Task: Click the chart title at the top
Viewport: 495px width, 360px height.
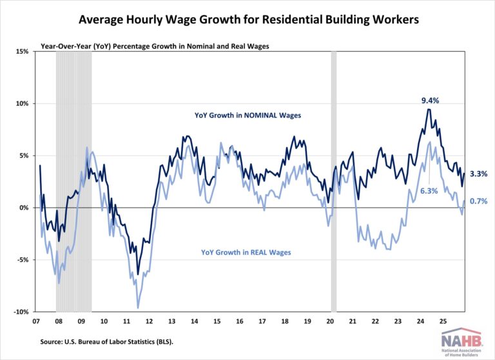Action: tap(248, 20)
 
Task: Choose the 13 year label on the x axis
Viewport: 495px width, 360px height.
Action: tap(172, 321)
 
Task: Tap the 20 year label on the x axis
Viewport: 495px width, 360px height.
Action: tap(330, 321)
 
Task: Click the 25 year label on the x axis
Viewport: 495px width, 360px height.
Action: tap(443, 321)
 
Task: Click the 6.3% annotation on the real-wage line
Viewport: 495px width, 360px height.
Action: tap(429, 191)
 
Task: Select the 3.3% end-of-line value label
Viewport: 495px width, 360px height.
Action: tap(478, 174)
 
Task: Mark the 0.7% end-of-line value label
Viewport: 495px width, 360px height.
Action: tap(478, 201)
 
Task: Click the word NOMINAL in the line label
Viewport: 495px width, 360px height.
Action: tap(261, 115)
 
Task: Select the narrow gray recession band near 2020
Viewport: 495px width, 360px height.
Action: tap(334, 181)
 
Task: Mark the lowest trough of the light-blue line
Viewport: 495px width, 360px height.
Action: tap(138, 308)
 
